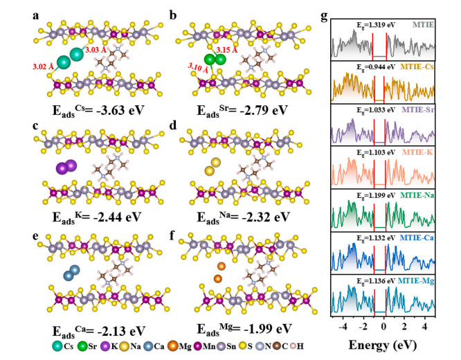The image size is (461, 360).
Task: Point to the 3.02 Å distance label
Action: click(x=44, y=66)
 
